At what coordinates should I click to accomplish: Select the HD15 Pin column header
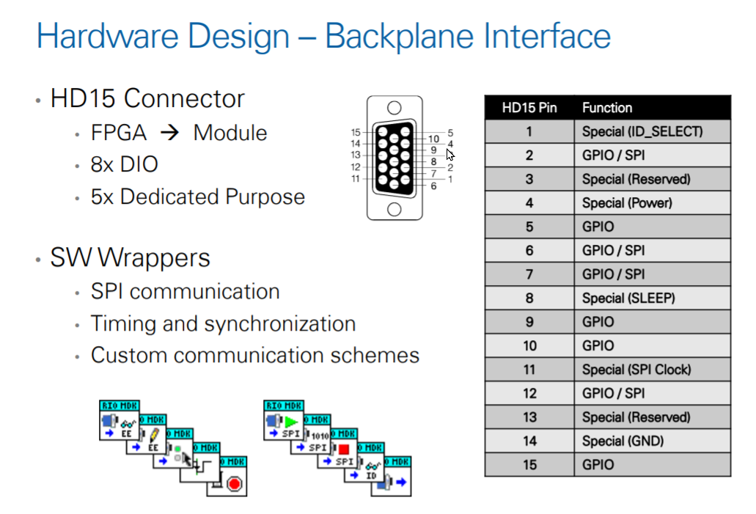[529, 108]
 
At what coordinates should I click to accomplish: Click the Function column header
[606, 108]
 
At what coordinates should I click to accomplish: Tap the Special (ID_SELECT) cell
[642, 132]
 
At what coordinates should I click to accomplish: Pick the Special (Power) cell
[627, 203]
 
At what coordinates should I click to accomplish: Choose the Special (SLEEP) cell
[628, 298]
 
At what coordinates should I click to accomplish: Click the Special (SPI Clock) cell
[636, 370]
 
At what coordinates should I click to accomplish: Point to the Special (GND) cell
[623, 441]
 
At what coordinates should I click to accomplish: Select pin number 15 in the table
[529, 465]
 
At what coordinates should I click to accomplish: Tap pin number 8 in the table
[529, 298]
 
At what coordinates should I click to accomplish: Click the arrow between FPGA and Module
[169, 133]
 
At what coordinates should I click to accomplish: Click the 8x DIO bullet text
[124, 164]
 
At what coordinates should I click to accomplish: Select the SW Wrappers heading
[130, 257]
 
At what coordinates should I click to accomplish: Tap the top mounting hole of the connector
[394, 108]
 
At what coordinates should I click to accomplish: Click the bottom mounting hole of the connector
[394, 209]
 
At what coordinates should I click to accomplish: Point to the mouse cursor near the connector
[449, 155]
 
